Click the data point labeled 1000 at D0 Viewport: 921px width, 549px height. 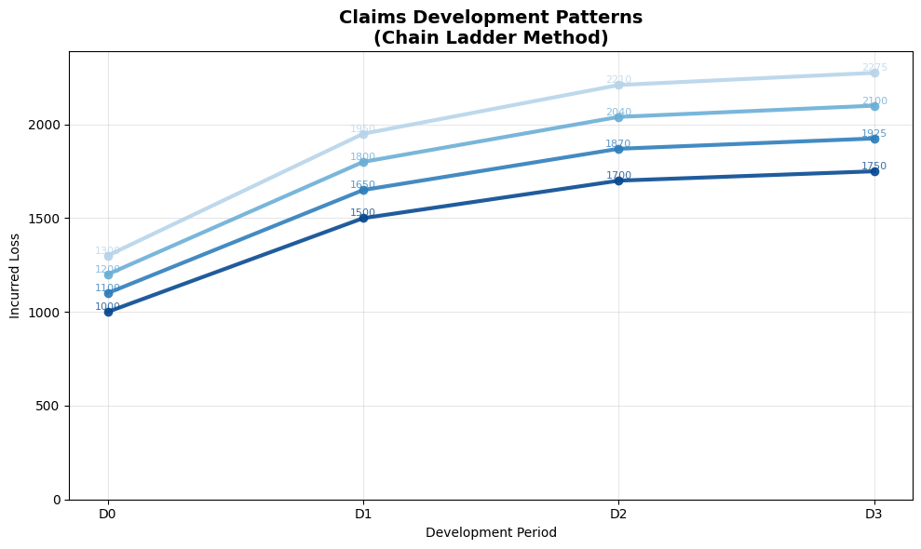click(108, 312)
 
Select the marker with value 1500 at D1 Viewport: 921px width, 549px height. click(363, 218)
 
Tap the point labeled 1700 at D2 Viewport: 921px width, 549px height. click(618, 181)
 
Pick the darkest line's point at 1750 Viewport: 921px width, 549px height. click(874, 171)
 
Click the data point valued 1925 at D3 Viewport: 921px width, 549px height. click(874, 139)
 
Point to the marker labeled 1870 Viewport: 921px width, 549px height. click(618, 149)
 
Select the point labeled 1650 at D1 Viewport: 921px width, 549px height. click(363, 190)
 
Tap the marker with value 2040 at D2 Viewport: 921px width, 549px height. click(618, 117)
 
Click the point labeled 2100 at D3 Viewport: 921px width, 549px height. click(874, 106)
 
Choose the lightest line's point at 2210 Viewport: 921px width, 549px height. click(618, 85)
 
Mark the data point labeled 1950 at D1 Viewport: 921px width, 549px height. click(363, 134)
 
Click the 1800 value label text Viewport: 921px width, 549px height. click(362, 157)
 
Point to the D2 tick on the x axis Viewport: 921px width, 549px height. click(618, 514)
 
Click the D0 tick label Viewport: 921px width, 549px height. click(108, 514)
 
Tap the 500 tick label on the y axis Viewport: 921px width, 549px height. click(49, 406)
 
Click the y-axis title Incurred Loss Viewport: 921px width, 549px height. click(15, 275)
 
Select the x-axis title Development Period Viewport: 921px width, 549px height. click(491, 533)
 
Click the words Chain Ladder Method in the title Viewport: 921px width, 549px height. click(491, 38)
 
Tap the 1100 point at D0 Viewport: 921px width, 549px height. click(108, 293)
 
